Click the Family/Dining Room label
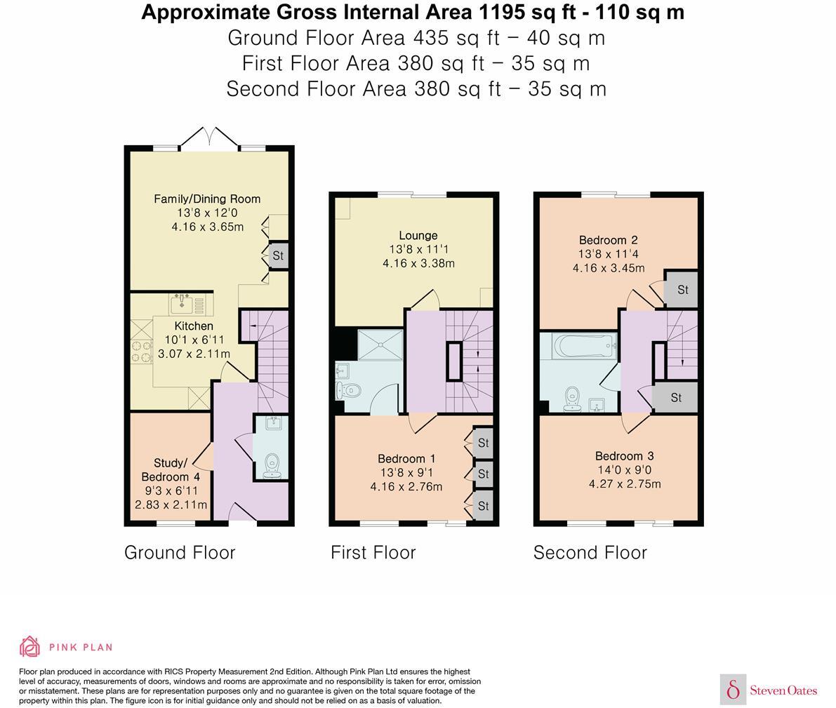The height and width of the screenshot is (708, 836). pos(207,199)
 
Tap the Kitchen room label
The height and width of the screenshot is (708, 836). pos(194,326)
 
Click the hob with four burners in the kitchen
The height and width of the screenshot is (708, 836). pos(140,351)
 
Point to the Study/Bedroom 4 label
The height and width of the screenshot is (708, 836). pos(171,470)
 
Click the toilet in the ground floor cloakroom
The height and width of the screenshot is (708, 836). pos(271,466)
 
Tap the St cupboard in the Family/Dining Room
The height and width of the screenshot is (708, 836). pos(278,256)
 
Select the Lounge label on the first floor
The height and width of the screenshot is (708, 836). pos(418,236)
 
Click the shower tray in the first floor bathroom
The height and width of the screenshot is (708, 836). pos(380,345)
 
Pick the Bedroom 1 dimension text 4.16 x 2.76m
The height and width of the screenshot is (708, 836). pos(406,486)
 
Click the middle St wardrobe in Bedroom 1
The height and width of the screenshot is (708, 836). pos(483,474)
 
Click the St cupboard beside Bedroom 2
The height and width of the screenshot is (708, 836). pos(682,289)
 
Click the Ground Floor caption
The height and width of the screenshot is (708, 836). pos(180,553)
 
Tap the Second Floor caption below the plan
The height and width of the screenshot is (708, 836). pos(590,553)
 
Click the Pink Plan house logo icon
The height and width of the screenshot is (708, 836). pos(29,646)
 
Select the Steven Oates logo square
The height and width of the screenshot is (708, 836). pos(733,690)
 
